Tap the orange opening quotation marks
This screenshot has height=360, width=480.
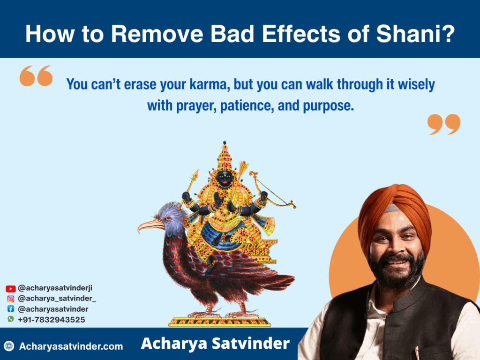click(36, 75)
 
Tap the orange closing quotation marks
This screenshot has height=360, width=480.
click(444, 124)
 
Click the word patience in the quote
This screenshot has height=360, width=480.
click(247, 106)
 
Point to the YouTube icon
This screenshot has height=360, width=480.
click(10, 289)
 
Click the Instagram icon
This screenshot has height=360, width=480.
click(11, 299)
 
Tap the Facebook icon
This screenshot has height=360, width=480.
click(11, 309)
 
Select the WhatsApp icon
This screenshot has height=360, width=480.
click(11, 319)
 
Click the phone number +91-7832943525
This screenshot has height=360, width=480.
click(52, 320)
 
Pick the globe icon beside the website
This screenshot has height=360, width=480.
click(9, 346)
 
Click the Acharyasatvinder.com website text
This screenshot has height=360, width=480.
click(71, 346)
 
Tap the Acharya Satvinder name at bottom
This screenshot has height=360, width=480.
click(215, 344)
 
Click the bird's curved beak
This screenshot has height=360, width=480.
click(150, 226)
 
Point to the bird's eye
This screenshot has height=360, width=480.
click(168, 219)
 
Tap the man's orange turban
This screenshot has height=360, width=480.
click(395, 211)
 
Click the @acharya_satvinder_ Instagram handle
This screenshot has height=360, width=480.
click(57, 299)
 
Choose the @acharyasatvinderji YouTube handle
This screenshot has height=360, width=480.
click(55, 288)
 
